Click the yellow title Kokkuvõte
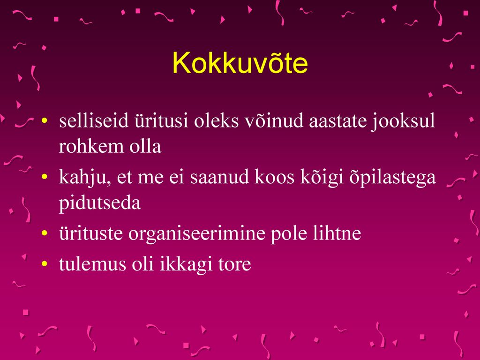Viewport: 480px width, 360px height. tap(240, 63)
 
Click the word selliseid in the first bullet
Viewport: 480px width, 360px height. tap(94, 120)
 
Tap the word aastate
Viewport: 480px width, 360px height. tap(337, 120)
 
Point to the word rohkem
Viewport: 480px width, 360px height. tap(91, 146)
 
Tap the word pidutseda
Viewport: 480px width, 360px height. tap(100, 202)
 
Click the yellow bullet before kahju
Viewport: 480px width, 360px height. tap(45, 177)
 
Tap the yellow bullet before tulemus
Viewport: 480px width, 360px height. tap(45, 263)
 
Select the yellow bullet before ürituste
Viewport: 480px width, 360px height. tap(45, 233)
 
